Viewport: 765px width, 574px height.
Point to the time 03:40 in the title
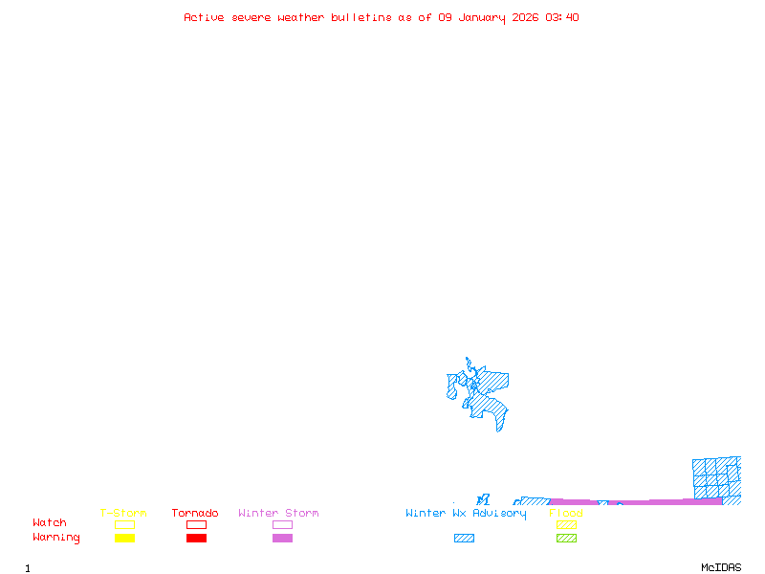pos(562,17)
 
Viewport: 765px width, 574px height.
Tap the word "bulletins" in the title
pos(361,17)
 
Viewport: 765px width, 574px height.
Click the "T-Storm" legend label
pos(123,513)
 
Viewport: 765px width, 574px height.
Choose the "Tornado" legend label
pos(195,513)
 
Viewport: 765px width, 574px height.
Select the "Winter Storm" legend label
pos(278,513)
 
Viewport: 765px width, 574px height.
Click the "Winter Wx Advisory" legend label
pos(466,513)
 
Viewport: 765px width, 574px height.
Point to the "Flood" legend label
pos(566,513)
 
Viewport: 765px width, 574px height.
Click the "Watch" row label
pos(50,523)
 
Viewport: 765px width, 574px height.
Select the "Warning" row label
pos(55,538)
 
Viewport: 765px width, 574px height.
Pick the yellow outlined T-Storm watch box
pos(124,524)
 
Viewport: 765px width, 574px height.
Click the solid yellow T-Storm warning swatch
pos(124,538)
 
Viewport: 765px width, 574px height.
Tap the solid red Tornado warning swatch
pos(196,538)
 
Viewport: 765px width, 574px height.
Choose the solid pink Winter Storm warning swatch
pos(282,538)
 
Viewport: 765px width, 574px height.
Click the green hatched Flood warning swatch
pos(566,538)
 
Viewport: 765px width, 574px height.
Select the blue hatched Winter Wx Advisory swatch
pos(464,538)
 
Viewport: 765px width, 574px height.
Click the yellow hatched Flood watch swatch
pos(566,524)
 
